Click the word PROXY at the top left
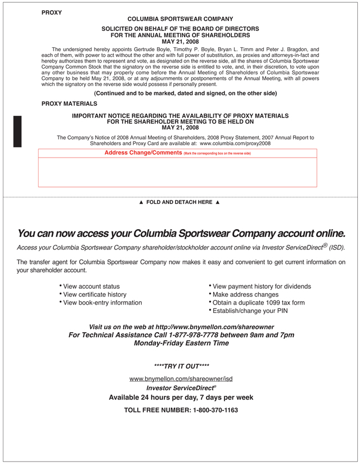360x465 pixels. tap(52, 12)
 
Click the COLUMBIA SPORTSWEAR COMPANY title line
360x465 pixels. tap(180, 19)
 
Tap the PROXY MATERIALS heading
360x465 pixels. tap(69, 104)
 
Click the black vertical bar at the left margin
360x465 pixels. tap(17, 131)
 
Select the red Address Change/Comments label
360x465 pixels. tap(143, 153)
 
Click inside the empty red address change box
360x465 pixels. tap(177, 172)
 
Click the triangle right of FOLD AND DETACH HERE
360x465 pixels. tap(218, 202)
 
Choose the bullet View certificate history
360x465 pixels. tap(94, 294)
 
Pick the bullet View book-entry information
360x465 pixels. tap(102, 302)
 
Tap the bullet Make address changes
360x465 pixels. tap(246, 294)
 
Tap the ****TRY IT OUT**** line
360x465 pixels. tap(180, 365)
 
